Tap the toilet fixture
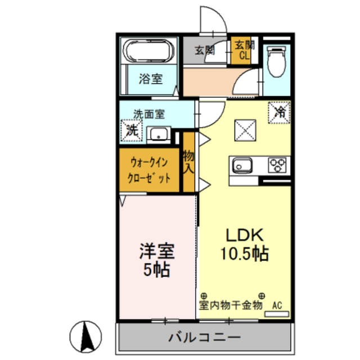(x=276, y=61)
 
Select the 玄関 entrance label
(x=205, y=49)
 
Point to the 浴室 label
(x=151, y=79)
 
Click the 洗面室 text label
(x=148, y=114)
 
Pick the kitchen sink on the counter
(x=242, y=166)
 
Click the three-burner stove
(x=277, y=166)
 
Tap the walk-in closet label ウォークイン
(x=145, y=161)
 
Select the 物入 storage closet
(x=189, y=162)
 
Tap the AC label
(x=277, y=306)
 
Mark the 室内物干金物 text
(x=230, y=306)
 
